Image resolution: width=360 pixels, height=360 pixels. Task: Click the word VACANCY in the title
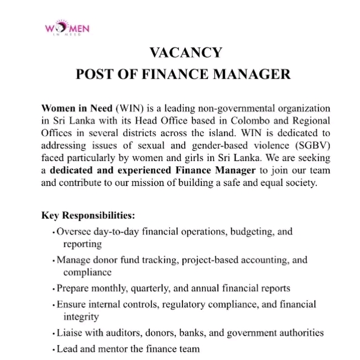pos(186,53)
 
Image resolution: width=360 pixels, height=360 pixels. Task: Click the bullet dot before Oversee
pos(53,233)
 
